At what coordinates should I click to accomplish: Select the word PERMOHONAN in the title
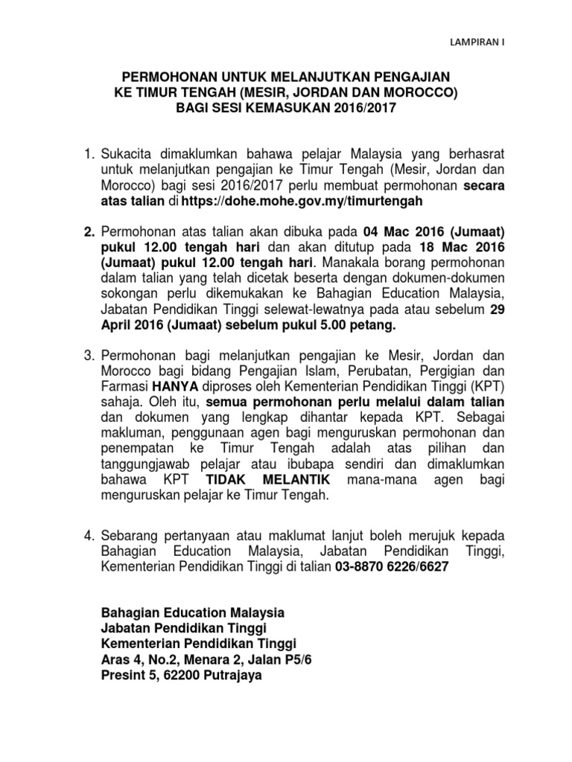(163, 77)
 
